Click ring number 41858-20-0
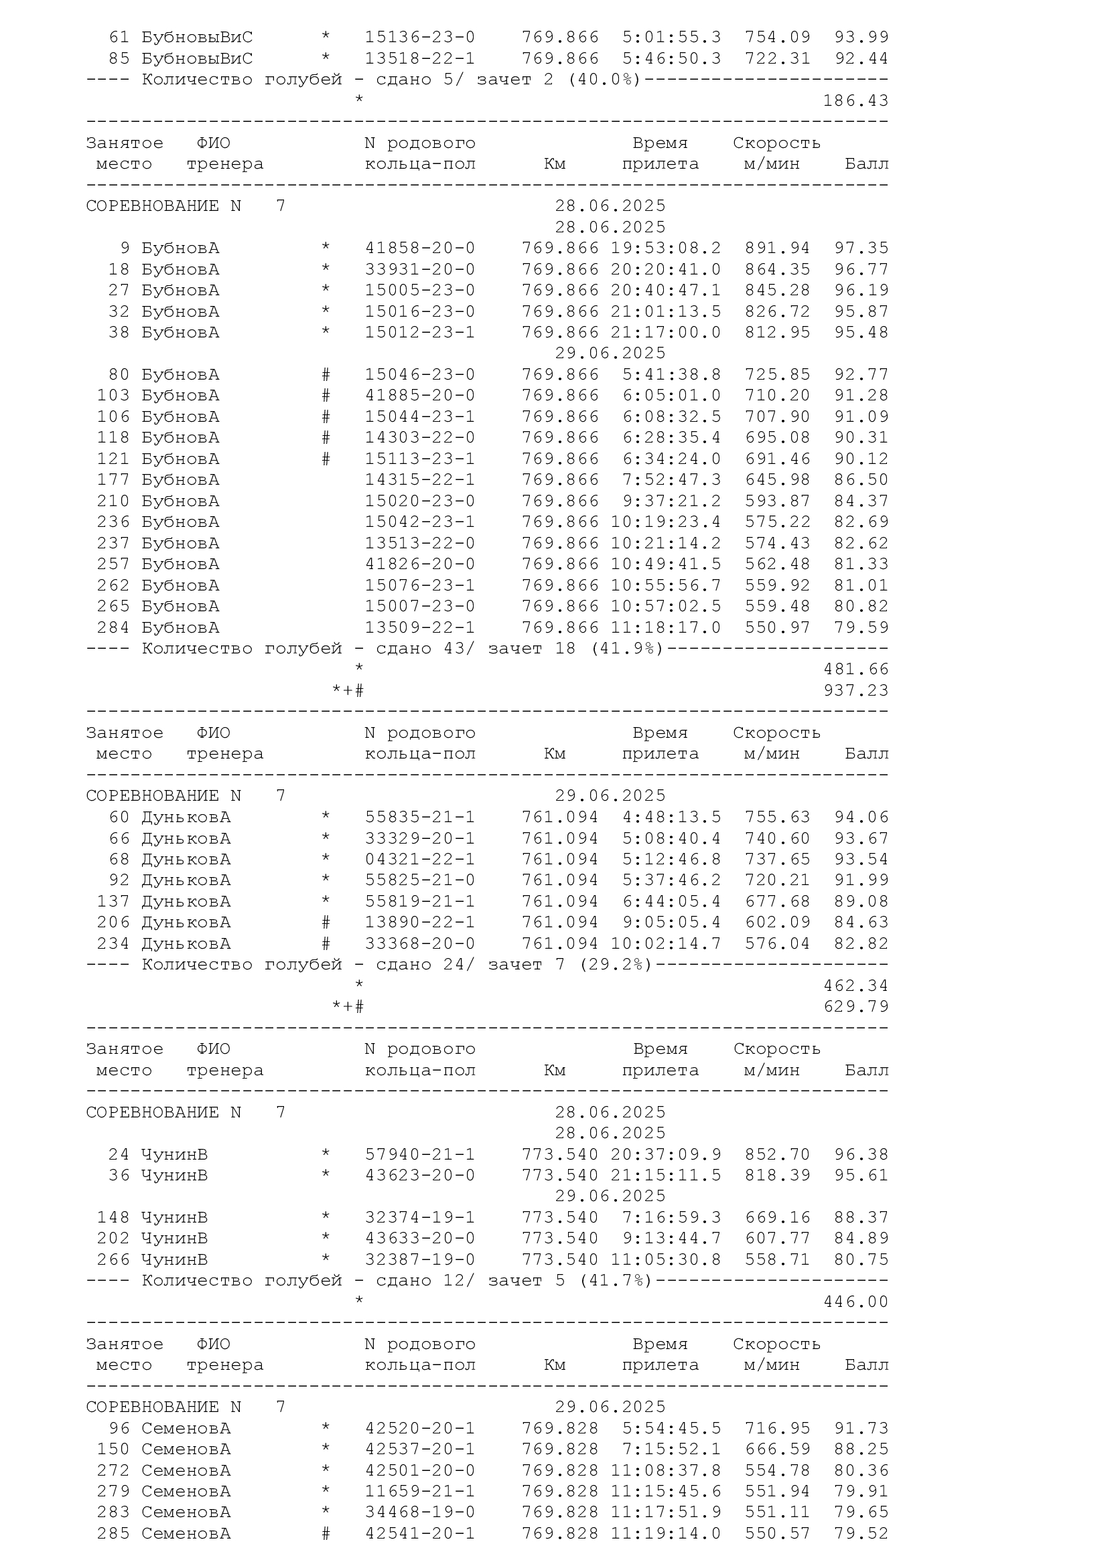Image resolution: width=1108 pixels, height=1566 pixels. (419, 248)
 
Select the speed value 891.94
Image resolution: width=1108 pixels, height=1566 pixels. (777, 248)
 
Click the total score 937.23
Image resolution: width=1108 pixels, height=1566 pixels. (855, 690)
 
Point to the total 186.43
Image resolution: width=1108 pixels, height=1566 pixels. (855, 101)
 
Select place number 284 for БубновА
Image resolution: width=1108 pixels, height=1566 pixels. (113, 627)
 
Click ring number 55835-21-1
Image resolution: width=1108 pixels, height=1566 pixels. (419, 817)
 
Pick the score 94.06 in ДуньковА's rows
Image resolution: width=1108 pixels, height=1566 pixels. (861, 817)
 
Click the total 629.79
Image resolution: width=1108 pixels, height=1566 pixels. (855, 1007)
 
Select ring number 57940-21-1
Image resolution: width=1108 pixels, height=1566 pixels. (419, 1155)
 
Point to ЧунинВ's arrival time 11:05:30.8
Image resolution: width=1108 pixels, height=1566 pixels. (665, 1260)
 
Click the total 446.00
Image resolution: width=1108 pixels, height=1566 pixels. (855, 1302)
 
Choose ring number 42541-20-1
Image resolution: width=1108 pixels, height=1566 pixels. (419, 1534)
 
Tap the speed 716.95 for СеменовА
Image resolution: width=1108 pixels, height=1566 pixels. (777, 1428)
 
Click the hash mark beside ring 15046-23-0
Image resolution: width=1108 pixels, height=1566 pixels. (326, 375)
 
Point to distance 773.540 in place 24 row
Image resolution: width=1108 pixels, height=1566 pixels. (560, 1155)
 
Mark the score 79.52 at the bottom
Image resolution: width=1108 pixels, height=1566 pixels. (861, 1534)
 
